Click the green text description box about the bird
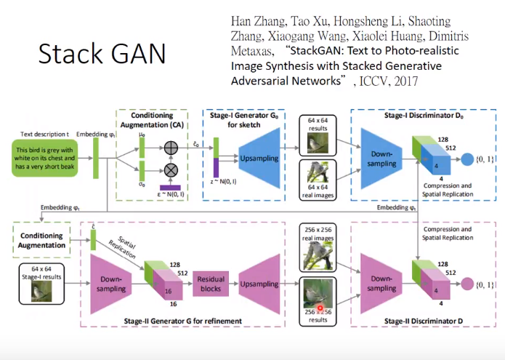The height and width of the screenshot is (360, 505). [46, 159]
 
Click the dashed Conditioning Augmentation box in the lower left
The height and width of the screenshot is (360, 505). [43, 240]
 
